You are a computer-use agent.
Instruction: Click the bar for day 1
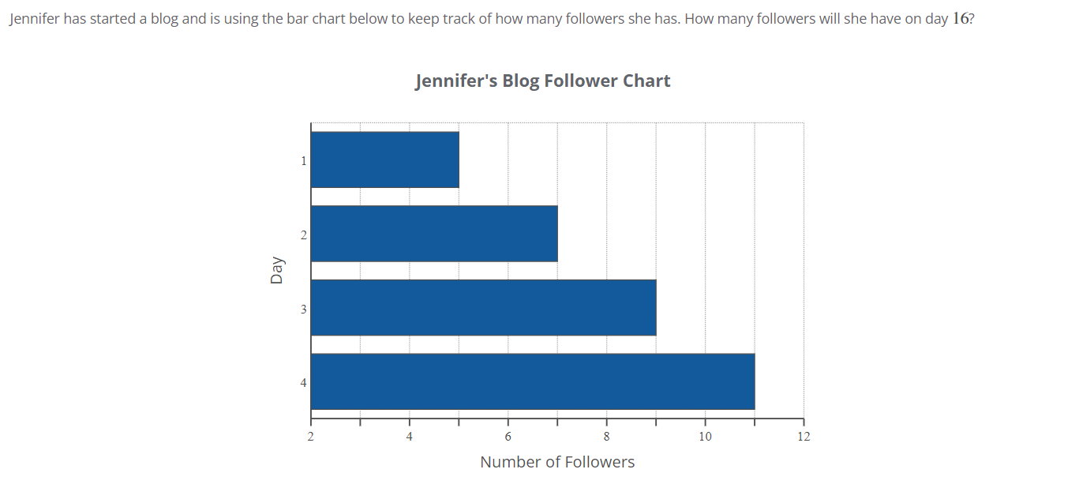(x=385, y=160)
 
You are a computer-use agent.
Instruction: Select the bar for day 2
(x=434, y=234)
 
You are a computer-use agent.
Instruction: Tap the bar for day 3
(x=483, y=307)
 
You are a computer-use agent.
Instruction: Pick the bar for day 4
(x=533, y=381)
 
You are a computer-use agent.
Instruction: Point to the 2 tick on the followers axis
(x=311, y=436)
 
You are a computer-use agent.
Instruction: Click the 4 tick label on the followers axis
(x=410, y=436)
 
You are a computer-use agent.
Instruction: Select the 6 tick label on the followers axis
(x=508, y=436)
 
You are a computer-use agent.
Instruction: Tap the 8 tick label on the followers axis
(x=607, y=436)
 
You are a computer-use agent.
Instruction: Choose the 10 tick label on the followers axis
(x=705, y=436)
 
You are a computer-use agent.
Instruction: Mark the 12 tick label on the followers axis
(x=804, y=436)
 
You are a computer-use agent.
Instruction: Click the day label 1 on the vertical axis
(x=303, y=161)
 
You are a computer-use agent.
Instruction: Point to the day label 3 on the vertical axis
(x=303, y=310)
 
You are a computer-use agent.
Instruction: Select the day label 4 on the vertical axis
(x=303, y=383)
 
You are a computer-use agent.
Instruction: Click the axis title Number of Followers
(x=557, y=462)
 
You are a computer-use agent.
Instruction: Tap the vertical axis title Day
(x=276, y=270)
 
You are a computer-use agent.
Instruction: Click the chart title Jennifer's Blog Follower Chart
(x=543, y=81)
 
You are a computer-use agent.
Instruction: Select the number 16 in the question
(x=960, y=18)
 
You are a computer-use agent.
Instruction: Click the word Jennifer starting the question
(x=34, y=18)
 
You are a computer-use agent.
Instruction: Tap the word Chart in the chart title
(x=646, y=81)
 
